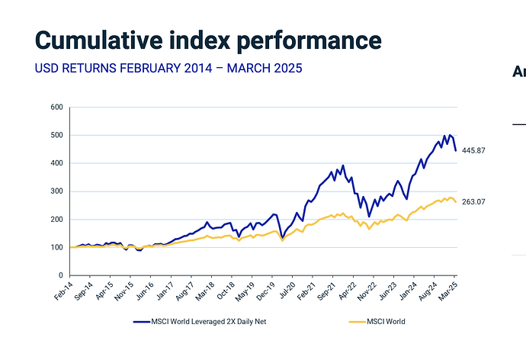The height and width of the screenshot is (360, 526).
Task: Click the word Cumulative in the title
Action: point(95,40)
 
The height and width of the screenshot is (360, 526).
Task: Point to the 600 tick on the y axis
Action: point(56,108)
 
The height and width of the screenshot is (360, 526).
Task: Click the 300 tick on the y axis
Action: point(56,191)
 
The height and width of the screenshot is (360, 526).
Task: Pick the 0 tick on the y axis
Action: point(61,275)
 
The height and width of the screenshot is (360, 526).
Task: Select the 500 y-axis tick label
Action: point(56,136)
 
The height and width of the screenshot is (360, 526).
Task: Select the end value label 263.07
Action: point(475,201)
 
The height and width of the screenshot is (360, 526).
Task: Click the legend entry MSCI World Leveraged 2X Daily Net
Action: point(200,321)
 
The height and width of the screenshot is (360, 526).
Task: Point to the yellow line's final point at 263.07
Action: point(456,201)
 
